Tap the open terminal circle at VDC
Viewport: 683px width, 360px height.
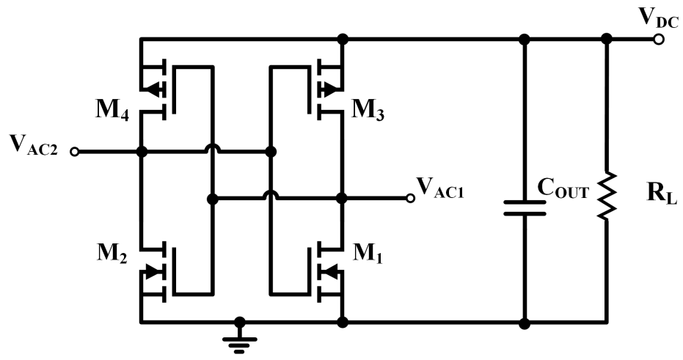tap(658, 39)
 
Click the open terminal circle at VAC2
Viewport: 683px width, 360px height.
tap(74, 152)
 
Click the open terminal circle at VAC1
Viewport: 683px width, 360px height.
tap(411, 198)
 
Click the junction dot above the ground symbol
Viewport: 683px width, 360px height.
tap(238, 322)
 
